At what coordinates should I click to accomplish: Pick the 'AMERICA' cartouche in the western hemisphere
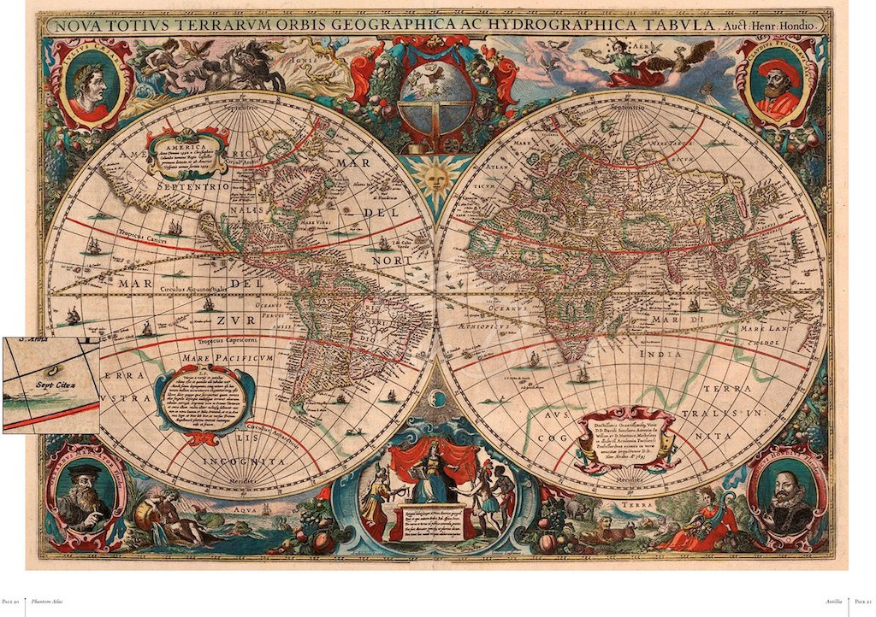[x=186, y=150]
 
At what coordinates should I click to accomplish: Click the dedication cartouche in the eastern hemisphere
[x=624, y=440]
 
